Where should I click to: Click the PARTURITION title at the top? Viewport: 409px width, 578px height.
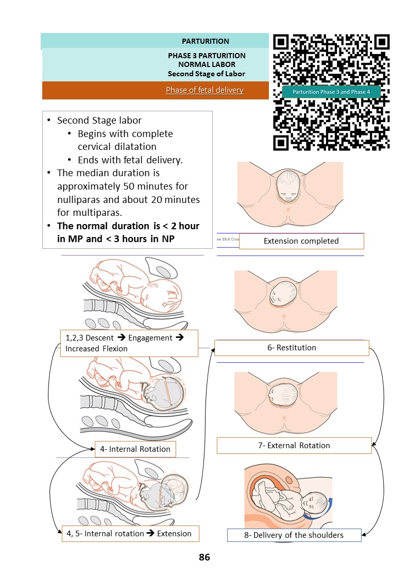click(206, 41)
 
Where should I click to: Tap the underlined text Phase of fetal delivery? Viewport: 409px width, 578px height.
click(204, 90)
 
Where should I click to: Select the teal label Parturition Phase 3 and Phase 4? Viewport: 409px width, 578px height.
click(331, 92)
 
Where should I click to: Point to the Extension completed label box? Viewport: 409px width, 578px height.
click(301, 241)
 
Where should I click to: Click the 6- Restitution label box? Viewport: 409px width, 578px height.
click(292, 348)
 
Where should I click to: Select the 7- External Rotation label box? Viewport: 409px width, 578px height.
click(294, 445)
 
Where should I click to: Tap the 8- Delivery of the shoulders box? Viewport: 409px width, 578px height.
click(294, 535)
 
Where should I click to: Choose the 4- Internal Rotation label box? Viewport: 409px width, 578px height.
click(135, 449)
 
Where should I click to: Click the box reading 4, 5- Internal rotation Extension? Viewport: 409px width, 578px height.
click(130, 533)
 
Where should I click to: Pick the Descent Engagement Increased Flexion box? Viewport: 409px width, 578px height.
click(129, 343)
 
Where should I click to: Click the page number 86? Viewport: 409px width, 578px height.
click(204, 557)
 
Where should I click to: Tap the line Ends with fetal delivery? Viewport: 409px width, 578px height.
click(130, 160)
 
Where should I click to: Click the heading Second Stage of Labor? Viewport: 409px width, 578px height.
click(206, 74)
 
